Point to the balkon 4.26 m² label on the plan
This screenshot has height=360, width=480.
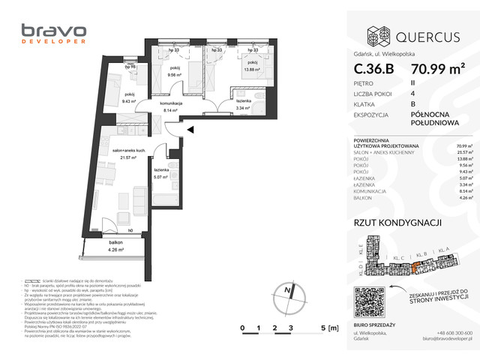(115, 246)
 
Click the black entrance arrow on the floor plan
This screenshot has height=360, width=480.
(190, 130)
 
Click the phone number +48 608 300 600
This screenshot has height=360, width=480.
(454, 332)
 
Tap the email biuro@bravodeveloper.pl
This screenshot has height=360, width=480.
(442, 340)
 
